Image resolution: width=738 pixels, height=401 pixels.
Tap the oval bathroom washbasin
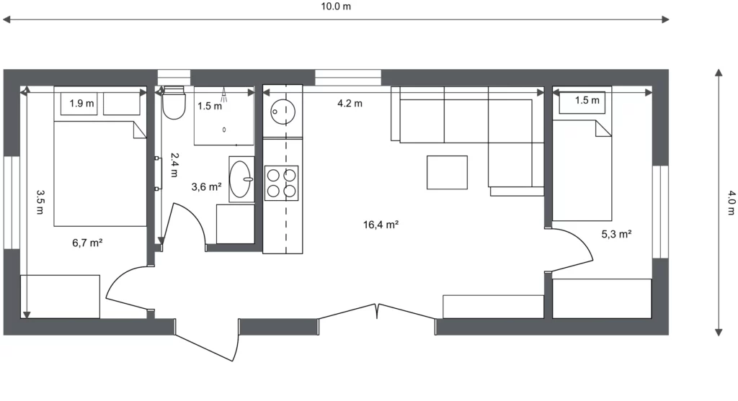[x=240, y=179]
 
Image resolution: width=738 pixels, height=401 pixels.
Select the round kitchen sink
[x=283, y=112]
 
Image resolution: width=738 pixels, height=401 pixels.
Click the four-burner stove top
[x=282, y=183]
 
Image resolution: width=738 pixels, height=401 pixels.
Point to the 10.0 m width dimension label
[x=336, y=6]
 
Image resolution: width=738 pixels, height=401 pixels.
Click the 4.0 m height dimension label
[x=732, y=202]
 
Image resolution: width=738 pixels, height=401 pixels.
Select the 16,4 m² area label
[x=381, y=225]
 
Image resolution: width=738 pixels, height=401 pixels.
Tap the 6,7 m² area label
[x=87, y=243]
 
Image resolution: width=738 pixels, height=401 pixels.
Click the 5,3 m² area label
[x=617, y=234]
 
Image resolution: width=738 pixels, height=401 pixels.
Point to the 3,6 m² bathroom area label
[x=206, y=187]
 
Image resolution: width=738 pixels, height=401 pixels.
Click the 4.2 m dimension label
[x=350, y=104]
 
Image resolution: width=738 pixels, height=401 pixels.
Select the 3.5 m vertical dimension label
[x=40, y=202]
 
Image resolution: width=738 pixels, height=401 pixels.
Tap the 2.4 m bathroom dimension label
[x=174, y=165]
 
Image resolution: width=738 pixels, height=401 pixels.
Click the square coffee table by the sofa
[x=447, y=173]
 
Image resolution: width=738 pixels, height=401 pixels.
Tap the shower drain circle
[x=224, y=130]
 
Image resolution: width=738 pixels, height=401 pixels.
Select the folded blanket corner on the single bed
[x=603, y=128]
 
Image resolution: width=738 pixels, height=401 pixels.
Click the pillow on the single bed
[x=582, y=102]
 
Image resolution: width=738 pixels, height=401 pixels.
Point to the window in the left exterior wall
[x=12, y=202]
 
